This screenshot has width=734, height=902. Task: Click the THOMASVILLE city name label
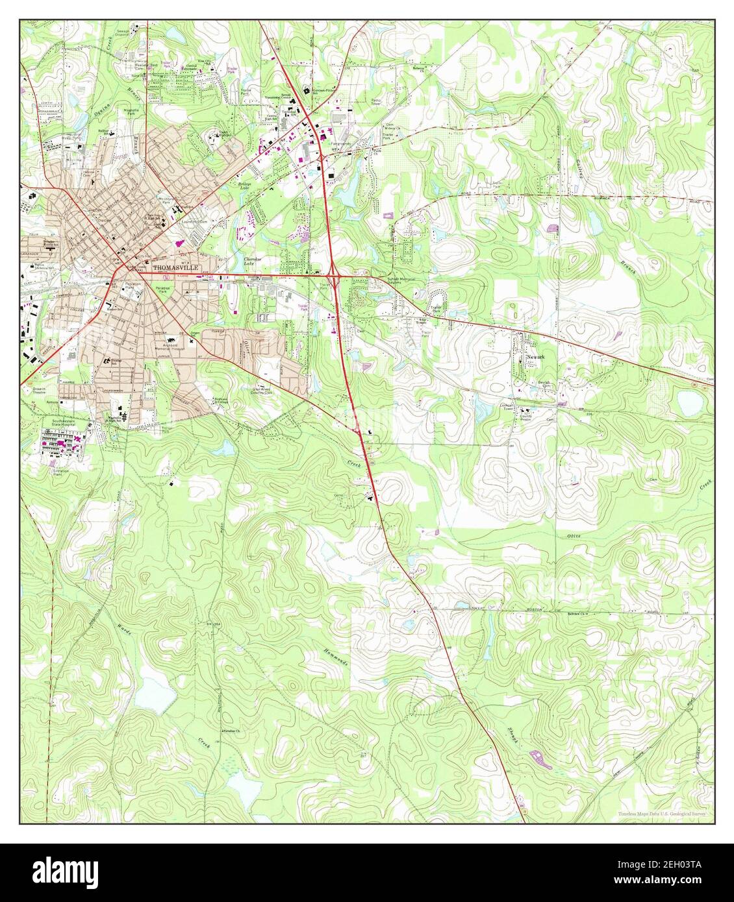(173, 267)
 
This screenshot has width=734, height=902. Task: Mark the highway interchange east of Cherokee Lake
(334, 276)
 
